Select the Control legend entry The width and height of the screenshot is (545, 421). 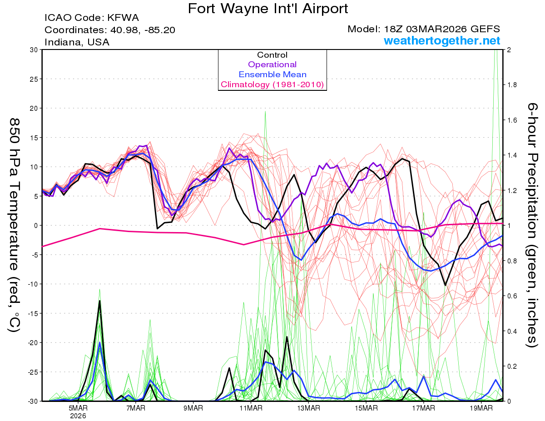(272, 55)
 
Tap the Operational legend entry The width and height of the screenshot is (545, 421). (272, 64)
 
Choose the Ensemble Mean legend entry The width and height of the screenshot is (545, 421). (272, 74)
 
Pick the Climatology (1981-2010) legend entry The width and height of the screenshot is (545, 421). (272, 84)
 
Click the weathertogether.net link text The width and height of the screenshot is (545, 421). (442, 41)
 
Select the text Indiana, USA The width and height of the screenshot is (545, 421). (77, 42)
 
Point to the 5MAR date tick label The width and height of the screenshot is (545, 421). (79, 408)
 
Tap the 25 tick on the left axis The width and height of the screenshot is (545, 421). (33, 79)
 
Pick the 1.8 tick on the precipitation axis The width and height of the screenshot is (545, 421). (511, 85)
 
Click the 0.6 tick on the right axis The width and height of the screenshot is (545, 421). (511, 296)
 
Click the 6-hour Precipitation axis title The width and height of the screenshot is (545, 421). (532, 225)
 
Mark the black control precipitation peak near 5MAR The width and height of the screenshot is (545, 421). (99, 301)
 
